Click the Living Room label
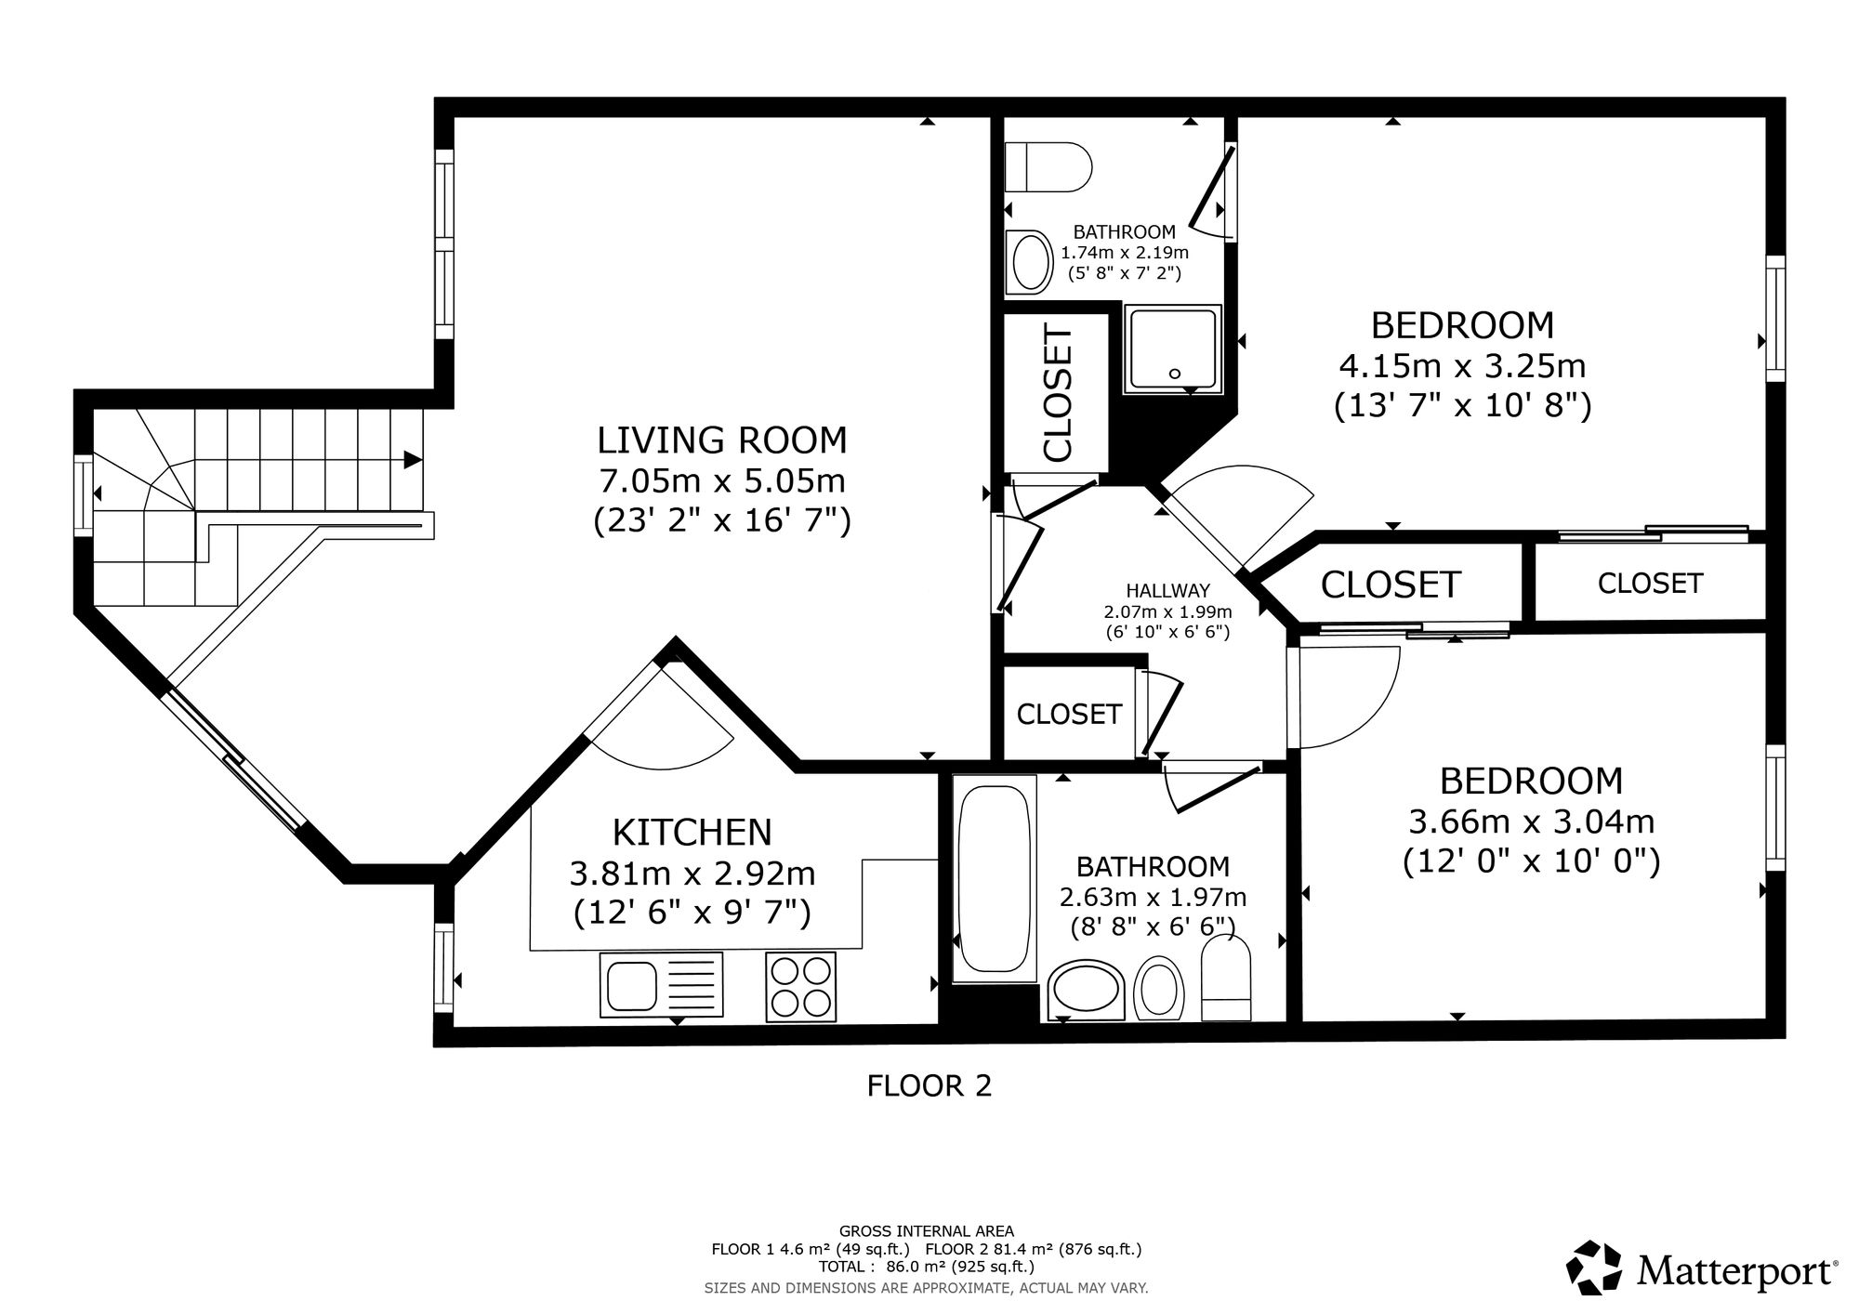point(722,439)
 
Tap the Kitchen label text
point(692,833)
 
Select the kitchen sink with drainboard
point(662,985)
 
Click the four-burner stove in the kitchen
point(800,986)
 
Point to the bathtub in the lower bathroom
point(995,878)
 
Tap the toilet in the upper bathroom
point(1048,167)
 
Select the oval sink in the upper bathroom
point(1027,262)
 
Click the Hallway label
point(1167,590)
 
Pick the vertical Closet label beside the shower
point(1059,392)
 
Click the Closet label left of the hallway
point(1069,714)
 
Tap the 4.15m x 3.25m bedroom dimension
point(1462,365)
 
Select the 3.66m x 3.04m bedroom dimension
point(1532,821)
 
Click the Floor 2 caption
point(929,1085)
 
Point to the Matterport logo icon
point(1595,1268)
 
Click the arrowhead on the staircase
point(413,460)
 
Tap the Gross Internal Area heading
point(927,1231)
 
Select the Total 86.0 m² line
point(927,1267)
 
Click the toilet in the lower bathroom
point(1227,979)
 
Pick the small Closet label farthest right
point(1650,583)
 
